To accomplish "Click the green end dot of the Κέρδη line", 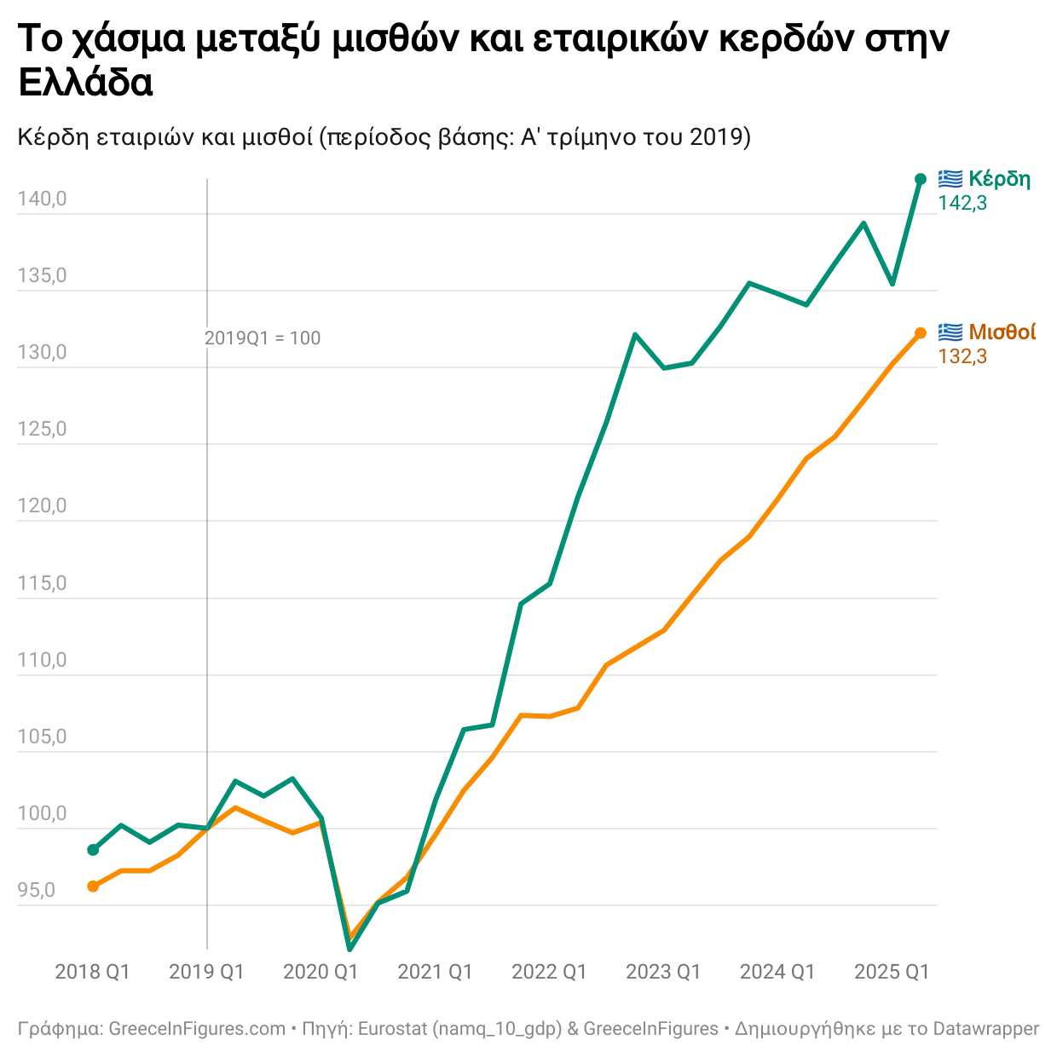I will click(x=921, y=179).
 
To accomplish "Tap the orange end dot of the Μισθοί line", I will click(x=921, y=333).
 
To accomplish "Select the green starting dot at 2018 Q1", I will click(x=93, y=850).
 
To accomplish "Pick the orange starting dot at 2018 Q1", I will click(x=93, y=887).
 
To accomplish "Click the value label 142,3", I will click(x=962, y=203).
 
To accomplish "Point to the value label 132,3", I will click(x=962, y=356).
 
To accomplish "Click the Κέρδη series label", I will click(x=999, y=179).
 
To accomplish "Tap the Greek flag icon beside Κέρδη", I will click(x=950, y=179).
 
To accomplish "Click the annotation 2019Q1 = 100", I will click(x=263, y=338).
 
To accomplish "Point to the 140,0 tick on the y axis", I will click(x=42, y=199).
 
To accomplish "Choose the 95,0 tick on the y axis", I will click(x=36, y=891).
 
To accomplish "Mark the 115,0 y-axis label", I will click(x=42, y=584).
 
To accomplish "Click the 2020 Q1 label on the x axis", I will click(x=321, y=972).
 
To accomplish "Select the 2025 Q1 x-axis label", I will click(x=892, y=972).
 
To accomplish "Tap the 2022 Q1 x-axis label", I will click(x=549, y=972).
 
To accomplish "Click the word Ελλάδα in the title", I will click(x=85, y=84).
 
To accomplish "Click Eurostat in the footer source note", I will click(x=392, y=1029).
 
